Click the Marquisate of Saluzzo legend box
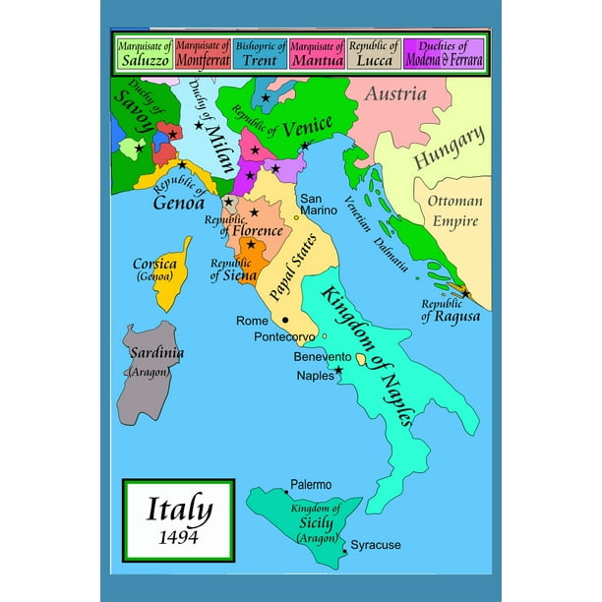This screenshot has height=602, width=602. coord(145,52)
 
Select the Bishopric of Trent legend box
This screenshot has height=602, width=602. coord(261,52)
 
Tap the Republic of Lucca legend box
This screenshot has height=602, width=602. coord(375,52)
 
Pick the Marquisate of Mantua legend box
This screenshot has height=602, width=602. coord(318,52)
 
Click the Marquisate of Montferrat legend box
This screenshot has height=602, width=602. coord(203,52)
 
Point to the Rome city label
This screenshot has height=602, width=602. coord(253,321)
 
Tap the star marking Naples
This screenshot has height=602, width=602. coord(339,371)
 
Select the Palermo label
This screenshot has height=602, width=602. coord(311,485)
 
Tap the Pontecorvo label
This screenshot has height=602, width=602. coord(284,336)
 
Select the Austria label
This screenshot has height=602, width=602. coord(395,94)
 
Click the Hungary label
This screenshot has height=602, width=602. coord(449,147)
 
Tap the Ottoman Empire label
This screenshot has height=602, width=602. coord(454,211)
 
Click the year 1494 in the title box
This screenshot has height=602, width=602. coord(178,537)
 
